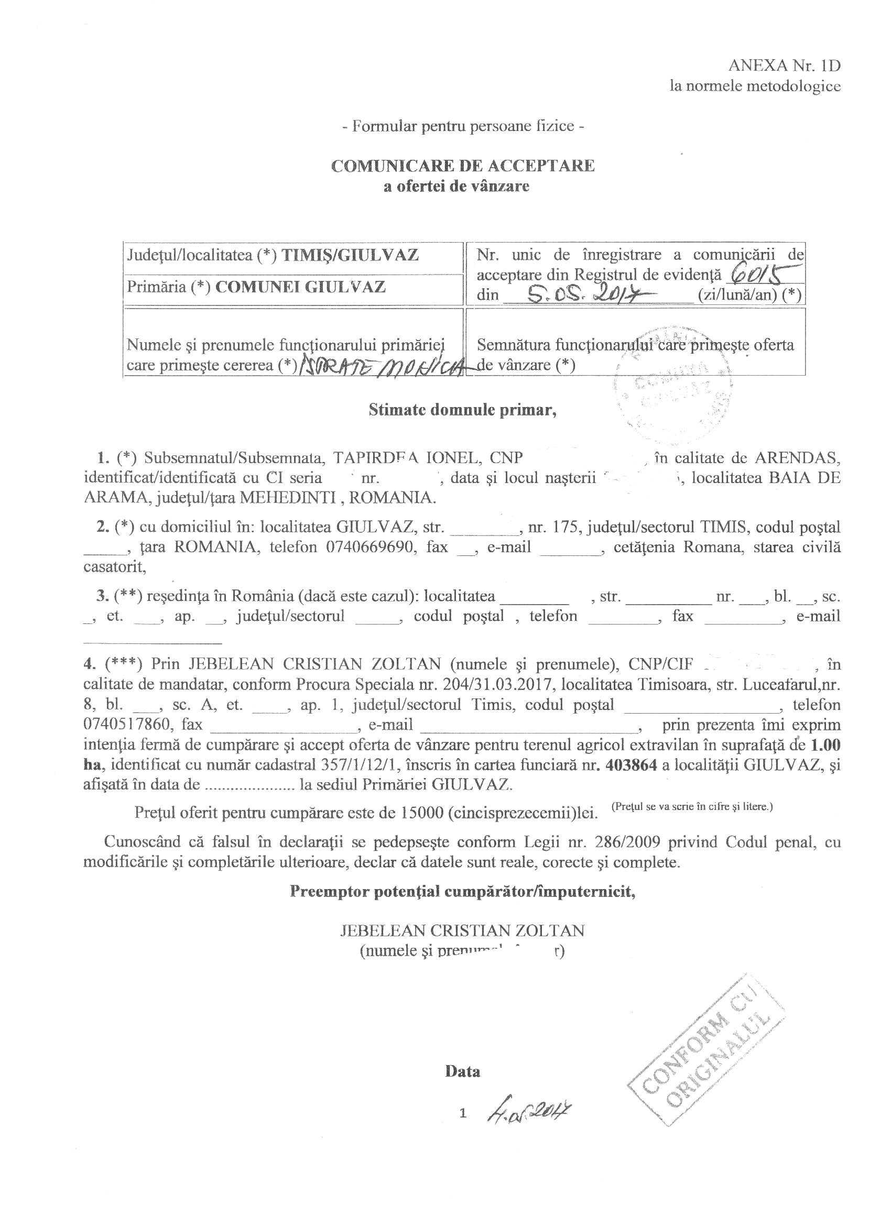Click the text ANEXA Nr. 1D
point(784,65)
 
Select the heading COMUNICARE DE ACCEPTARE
point(462,166)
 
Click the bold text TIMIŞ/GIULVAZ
point(350,255)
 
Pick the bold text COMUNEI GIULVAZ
point(301,287)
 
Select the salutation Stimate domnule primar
point(462,410)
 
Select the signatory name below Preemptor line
point(462,931)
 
